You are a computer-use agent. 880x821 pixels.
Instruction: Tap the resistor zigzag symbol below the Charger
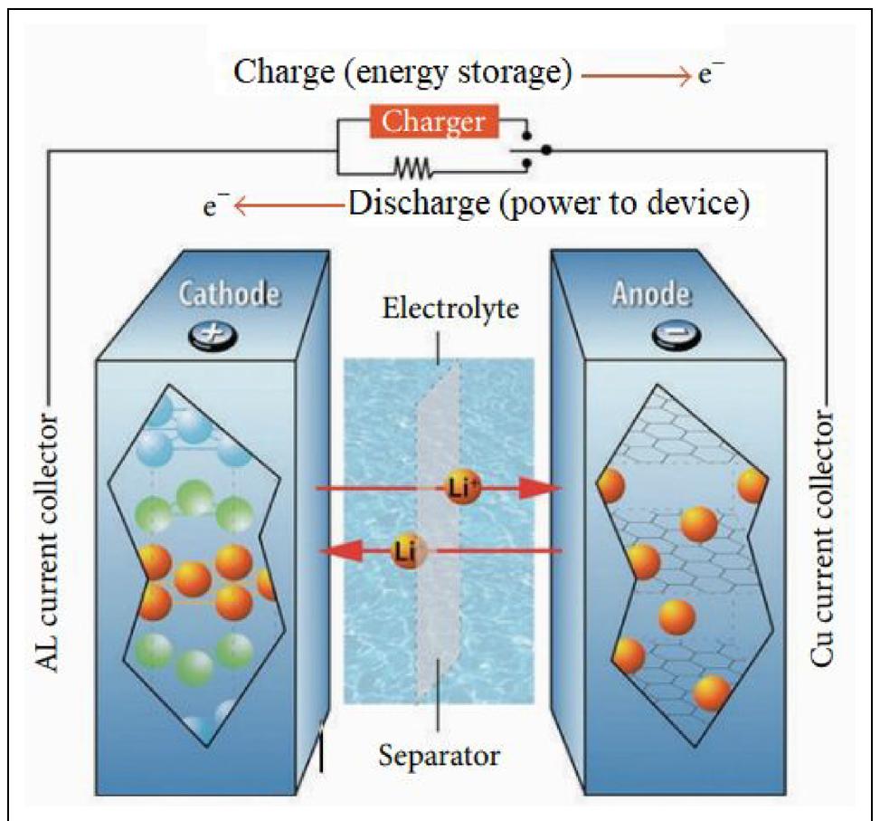click(412, 167)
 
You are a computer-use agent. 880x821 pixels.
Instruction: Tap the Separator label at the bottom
click(437, 753)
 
